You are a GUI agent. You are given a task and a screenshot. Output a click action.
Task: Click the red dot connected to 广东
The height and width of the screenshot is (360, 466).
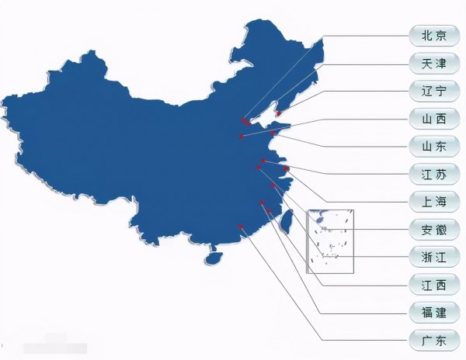point(242,227)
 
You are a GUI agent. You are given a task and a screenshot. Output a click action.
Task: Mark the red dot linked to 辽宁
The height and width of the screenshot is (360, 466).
point(278,113)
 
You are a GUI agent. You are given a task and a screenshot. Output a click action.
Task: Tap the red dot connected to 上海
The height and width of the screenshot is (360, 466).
point(286,168)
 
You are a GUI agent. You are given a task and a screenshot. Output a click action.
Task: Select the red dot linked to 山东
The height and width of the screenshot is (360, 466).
point(272,133)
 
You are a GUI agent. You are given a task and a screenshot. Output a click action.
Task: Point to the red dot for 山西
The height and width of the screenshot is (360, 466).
point(242,137)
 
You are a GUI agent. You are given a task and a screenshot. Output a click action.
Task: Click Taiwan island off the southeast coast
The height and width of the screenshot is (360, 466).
point(285,223)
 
